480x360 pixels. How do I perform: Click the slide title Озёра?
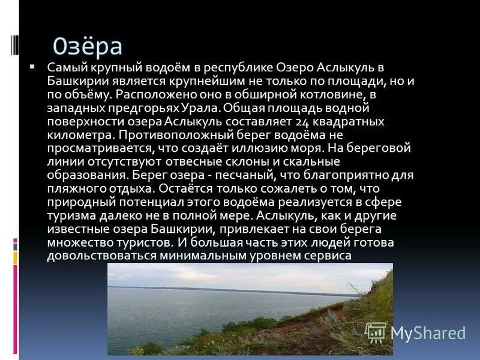[x=88, y=46]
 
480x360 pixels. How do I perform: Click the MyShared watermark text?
[x=428, y=333]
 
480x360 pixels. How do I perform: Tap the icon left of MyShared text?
[x=376, y=332]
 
